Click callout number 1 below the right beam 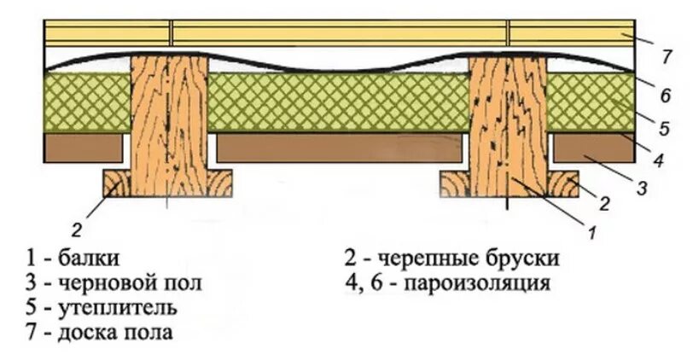(x=590, y=229)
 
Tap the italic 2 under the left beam (x=77, y=229)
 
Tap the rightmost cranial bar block (x=564, y=182)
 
